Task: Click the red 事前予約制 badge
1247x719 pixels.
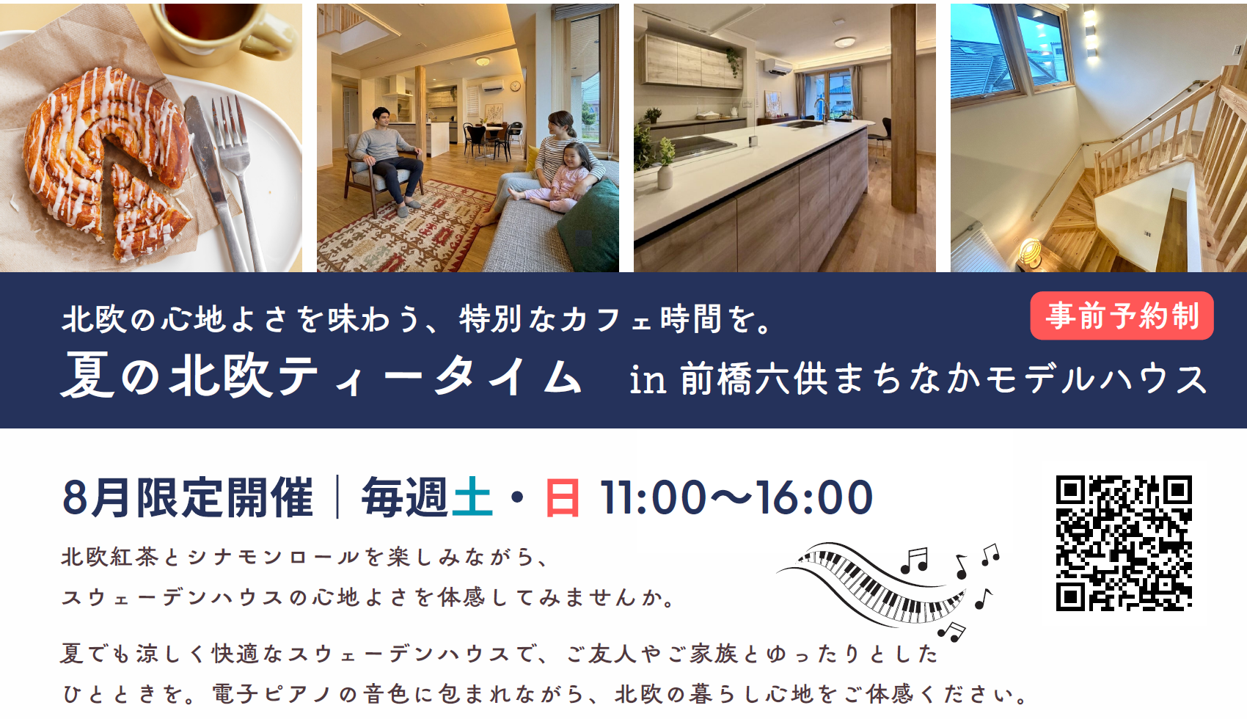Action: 1121,315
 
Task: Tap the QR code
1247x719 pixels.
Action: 1124,543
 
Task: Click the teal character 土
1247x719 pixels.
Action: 472,497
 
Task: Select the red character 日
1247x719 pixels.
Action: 562,497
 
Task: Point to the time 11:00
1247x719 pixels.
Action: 652,498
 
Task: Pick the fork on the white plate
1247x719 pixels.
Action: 237,178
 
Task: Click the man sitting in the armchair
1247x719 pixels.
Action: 387,158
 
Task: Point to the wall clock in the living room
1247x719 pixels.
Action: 515,86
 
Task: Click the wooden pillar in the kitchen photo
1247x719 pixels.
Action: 903,109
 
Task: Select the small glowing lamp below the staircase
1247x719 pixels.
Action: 1030,254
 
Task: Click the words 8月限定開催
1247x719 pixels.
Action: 188,497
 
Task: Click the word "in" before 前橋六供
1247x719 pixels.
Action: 648,380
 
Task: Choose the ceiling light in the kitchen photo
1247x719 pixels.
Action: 844,42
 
